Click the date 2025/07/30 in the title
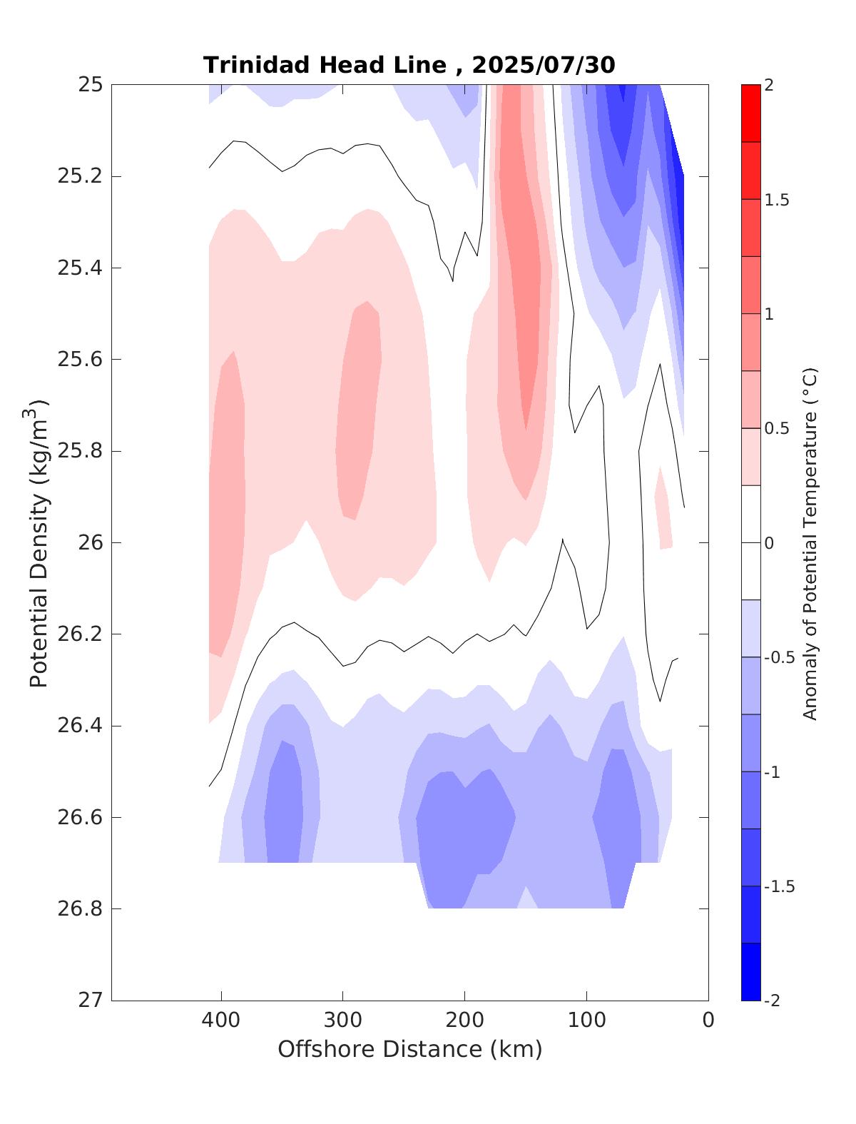point(543,65)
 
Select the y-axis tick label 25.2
point(79,176)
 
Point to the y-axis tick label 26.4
point(79,726)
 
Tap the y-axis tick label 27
point(90,1001)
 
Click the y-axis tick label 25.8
point(79,451)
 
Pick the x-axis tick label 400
point(221,1021)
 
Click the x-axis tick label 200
point(464,1021)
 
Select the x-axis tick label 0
point(708,1021)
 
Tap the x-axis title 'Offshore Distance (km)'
point(409,1049)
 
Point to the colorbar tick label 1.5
point(776,201)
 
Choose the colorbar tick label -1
point(773,773)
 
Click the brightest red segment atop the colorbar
point(750,113)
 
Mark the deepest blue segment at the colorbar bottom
point(750,972)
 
